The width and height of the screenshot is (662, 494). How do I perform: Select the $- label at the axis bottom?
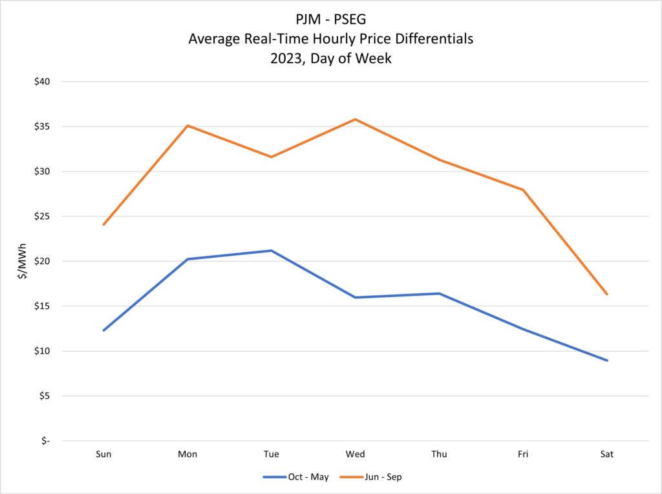(x=45, y=441)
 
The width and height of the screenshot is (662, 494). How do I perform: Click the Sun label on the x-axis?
(x=103, y=455)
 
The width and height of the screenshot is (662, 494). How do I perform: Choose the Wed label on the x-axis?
(x=355, y=455)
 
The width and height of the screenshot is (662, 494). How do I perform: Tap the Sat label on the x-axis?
(x=606, y=455)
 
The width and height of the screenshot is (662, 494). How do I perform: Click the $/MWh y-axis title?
(x=23, y=261)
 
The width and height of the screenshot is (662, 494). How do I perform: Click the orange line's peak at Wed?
(x=355, y=119)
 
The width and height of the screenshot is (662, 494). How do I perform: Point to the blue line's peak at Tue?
(x=271, y=251)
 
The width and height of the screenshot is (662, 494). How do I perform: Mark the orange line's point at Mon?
(x=187, y=126)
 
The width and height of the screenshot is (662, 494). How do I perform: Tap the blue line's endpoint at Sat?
(x=606, y=360)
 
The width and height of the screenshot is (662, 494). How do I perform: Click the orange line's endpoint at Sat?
(x=606, y=294)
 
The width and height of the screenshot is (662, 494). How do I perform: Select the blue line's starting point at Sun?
(x=103, y=330)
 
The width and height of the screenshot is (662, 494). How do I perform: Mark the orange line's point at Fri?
(x=522, y=190)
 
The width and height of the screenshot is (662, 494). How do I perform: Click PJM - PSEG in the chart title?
(x=330, y=20)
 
